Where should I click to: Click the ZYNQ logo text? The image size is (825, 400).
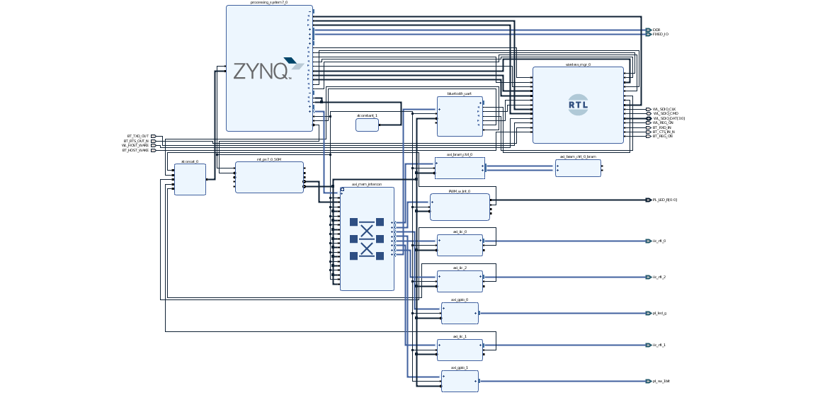pos(261,71)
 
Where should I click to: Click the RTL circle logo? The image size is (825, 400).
pos(578,105)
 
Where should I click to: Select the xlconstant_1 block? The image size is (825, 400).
pos(367,125)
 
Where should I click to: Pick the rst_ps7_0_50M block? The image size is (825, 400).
pos(269,177)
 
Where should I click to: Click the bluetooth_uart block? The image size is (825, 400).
pos(460,116)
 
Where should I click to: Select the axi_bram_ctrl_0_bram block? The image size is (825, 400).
pos(578,168)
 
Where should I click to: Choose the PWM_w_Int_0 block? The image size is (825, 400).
pos(460,207)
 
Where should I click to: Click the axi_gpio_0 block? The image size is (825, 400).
pos(460,313)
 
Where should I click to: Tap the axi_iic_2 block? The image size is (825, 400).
pos(460,281)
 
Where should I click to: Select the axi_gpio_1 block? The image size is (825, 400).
pos(460,381)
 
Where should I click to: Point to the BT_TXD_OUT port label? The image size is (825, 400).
pos(138,136)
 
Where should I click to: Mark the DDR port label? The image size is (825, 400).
pos(656,30)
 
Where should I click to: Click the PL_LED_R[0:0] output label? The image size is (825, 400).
pos(665,200)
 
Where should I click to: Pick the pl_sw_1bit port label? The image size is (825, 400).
pos(661,381)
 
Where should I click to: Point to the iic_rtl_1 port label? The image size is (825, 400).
pos(659,345)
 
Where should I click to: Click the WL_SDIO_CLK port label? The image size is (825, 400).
pos(664,109)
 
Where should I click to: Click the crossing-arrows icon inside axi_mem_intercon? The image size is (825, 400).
pos(367,239)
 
